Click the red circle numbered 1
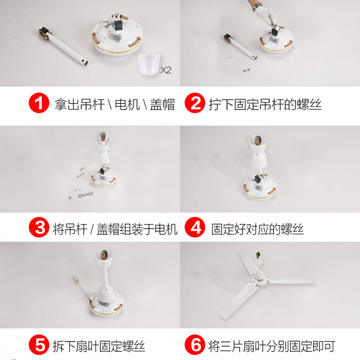pyautogui.click(x=39, y=103)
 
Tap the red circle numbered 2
pyautogui.click(x=195, y=103)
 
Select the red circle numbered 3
pyautogui.click(x=39, y=227)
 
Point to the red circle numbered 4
pyautogui.click(x=195, y=227)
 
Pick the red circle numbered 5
pyautogui.click(x=39, y=345)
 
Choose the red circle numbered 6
pyautogui.click(x=195, y=345)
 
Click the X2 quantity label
pyautogui.click(x=166, y=70)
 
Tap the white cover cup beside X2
pyautogui.click(x=148, y=64)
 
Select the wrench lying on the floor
pyautogui.click(x=86, y=195)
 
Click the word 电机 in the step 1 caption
pyautogui.click(x=127, y=104)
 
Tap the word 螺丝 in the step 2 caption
pyautogui.click(x=309, y=104)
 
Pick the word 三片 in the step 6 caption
pyautogui.click(x=231, y=346)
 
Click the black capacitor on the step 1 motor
pyautogui.click(x=119, y=25)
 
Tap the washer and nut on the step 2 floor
pyautogui.click(x=246, y=69)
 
